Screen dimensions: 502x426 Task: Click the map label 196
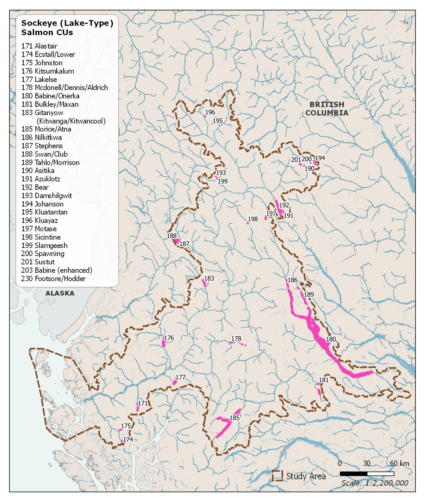210,112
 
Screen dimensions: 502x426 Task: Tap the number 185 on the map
235,418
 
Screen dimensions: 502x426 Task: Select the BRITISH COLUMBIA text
326,109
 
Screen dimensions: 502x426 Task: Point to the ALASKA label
60,294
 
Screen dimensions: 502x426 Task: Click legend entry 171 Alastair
39,46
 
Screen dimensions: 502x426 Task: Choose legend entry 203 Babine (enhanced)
56,270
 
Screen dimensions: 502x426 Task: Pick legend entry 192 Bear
35,187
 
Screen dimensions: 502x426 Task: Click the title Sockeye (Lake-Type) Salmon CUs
67,28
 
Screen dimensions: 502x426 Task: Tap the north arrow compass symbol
406,23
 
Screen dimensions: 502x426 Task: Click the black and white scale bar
367,474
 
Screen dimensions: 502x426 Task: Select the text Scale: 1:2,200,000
375,483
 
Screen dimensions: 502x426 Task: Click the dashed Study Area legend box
277,476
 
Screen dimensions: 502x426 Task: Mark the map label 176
169,338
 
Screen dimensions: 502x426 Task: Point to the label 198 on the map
253,219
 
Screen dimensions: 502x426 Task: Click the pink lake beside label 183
204,283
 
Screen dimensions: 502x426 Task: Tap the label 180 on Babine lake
331,339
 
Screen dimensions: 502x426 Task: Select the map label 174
128,439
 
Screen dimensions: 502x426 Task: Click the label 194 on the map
320,158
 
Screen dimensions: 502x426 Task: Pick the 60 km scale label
399,464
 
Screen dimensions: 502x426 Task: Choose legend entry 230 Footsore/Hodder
53,279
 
